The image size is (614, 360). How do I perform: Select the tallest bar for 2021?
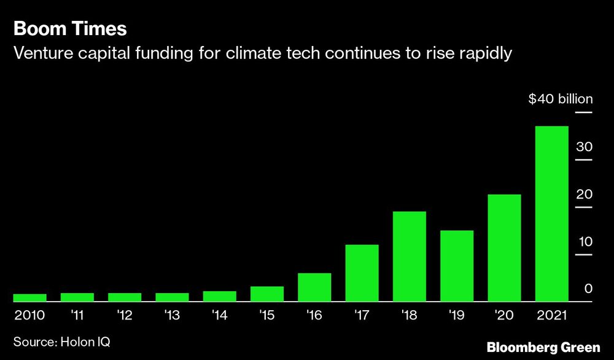click(x=551, y=214)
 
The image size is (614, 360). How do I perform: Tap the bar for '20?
click(x=504, y=248)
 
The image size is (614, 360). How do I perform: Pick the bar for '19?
click(x=457, y=266)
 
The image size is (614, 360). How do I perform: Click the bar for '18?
click(x=409, y=257)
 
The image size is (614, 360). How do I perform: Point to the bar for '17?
click(x=362, y=273)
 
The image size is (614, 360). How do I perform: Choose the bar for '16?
click(x=314, y=288)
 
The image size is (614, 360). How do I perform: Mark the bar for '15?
click(x=266, y=294)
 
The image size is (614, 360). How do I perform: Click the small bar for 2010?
click(x=29, y=298)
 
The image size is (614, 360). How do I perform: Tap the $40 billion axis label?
click(x=561, y=100)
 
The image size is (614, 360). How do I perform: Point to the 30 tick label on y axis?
click(x=584, y=147)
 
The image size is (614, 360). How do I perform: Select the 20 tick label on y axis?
click(x=584, y=194)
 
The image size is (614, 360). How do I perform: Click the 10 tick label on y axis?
click(x=584, y=241)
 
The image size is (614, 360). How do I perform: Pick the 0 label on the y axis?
click(x=588, y=289)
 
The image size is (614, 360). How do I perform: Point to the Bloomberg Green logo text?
click(x=543, y=347)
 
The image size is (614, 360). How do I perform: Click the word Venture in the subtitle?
click(x=41, y=53)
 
